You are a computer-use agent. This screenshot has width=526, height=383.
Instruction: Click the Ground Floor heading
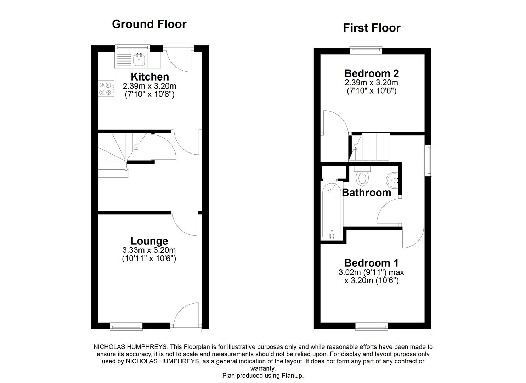pyautogui.click(x=149, y=24)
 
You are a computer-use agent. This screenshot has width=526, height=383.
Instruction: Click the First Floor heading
pyautogui.click(x=372, y=28)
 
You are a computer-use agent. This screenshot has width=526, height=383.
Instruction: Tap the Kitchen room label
pyautogui.click(x=149, y=77)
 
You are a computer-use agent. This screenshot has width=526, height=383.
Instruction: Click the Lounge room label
pyautogui.click(x=149, y=241)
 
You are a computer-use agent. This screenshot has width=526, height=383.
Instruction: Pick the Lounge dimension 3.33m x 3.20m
pyautogui.click(x=149, y=250)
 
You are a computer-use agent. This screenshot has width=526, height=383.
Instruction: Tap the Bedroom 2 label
pyautogui.click(x=372, y=73)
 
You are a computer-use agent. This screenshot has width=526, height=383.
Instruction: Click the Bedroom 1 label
pyautogui.click(x=371, y=263)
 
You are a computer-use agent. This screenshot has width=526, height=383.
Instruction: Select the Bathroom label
pyautogui.click(x=367, y=193)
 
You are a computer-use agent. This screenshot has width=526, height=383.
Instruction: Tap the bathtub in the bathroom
pyautogui.click(x=332, y=211)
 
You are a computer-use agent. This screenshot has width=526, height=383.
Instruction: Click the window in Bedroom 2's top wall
pyautogui.click(x=366, y=50)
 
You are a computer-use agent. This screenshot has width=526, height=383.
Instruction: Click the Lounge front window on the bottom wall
pyautogui.click(x=126, y=327)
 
